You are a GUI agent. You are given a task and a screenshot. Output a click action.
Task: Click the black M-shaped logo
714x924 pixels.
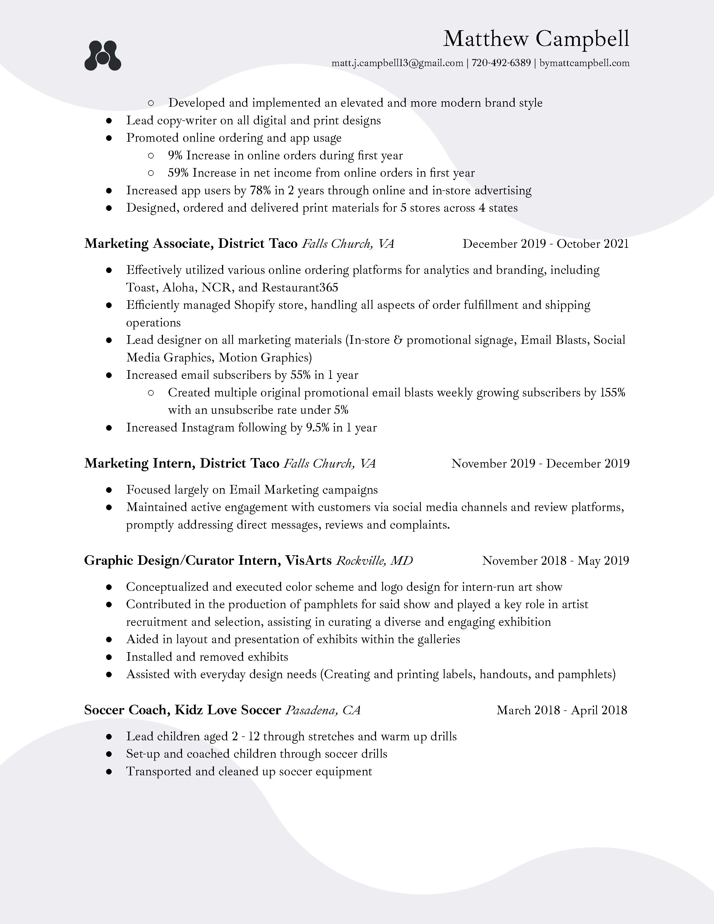pos(103,55)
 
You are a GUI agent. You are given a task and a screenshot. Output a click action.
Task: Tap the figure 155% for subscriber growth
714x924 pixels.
pos(612,393)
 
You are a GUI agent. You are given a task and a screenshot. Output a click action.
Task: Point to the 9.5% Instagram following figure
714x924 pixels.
pos(317,428)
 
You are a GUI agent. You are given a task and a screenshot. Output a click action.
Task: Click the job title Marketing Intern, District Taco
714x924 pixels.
pos(182,463)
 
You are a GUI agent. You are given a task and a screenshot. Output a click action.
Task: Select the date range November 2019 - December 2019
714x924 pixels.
pos(540,464)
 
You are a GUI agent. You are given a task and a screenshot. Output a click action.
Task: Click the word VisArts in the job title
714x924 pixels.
pos(308,561)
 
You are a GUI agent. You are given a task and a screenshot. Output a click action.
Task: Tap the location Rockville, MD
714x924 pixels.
pos(374,561)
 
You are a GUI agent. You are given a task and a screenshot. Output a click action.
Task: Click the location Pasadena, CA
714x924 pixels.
pos(323,710)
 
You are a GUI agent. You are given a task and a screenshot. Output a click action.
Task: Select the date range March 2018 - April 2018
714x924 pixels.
pos(562,710)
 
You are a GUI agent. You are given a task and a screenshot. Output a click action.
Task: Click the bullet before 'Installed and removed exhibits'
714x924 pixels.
pos(109,657)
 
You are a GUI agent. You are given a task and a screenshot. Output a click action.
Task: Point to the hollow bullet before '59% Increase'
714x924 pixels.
pos(151,173)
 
